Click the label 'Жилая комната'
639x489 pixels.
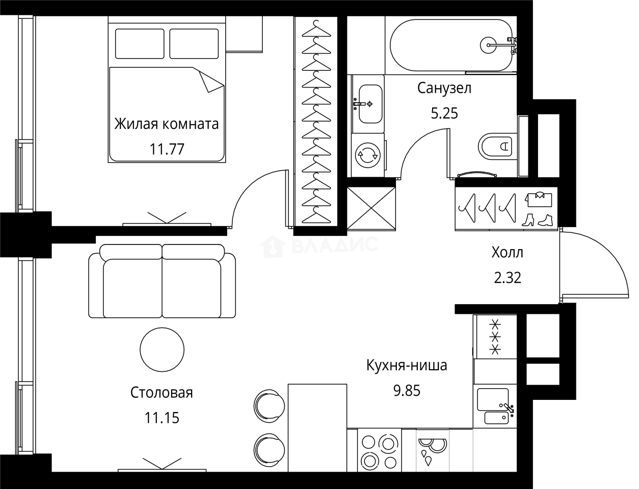point(166,124)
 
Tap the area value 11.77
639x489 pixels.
point(166,149)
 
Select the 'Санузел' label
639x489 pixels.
point(444,88)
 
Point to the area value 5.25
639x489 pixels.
point(444,113)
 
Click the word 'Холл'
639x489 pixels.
point(507,252)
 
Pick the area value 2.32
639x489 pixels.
point(507,278)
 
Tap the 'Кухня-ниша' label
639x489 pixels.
point(407,365)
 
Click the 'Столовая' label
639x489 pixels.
point(162,393)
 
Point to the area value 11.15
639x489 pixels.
point(162,418)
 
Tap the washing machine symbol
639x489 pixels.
point(367,156)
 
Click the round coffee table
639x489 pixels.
point(162,349)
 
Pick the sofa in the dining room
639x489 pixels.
point(162,282)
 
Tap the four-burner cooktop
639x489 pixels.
point(379,451)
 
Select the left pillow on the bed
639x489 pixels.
point(140,44)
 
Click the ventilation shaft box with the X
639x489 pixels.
point(371,208)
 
